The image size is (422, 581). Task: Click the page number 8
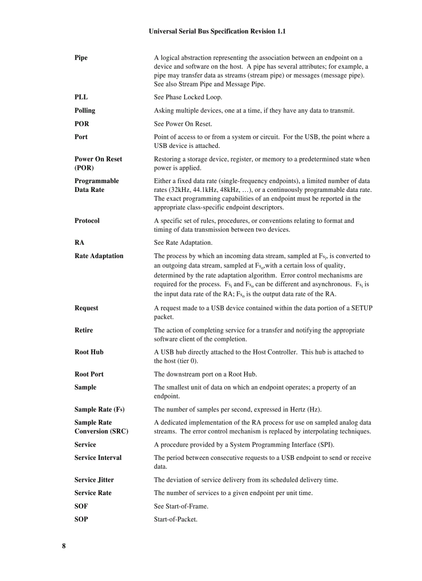(x=64, y=546)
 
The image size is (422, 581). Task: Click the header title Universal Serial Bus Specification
(x=217, y=32)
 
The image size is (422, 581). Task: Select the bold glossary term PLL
(x=81, y=97)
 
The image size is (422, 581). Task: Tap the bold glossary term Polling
(x=85, y=111)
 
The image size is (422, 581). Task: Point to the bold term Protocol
(x=87, y=221)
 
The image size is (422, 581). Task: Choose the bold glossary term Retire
(x=84, y=330)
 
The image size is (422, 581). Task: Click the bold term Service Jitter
(x=94, y=480)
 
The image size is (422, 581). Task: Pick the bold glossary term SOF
(x=81, y=506)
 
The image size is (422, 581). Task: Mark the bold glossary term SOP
(x=81, y=519)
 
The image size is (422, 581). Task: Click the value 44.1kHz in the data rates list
(x=208, y=190)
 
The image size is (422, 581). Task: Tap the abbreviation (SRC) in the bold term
(x=119, y=431)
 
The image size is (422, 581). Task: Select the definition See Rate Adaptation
(x=183, y=243)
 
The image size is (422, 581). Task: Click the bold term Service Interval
(x=98, y=458)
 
